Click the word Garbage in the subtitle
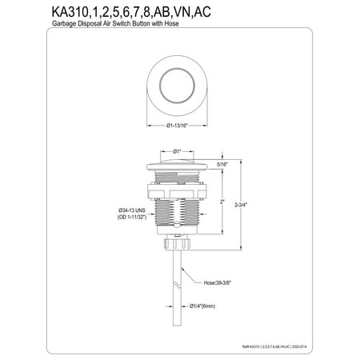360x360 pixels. click(52, 26)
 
